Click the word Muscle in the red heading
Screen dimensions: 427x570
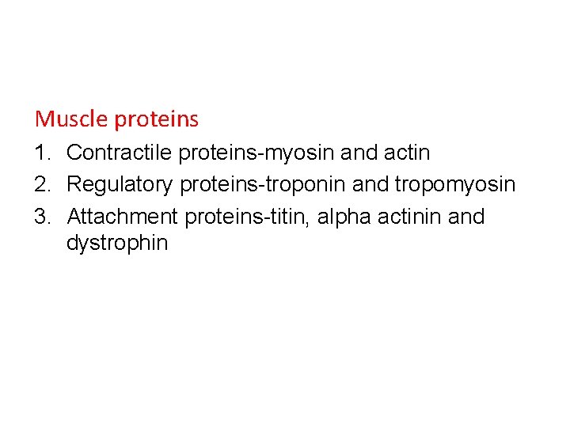(x=71, y=119)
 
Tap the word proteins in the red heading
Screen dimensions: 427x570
(x=156, y=120)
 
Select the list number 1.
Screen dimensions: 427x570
(x=43, y=152)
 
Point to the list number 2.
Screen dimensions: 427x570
(x=43, y=184)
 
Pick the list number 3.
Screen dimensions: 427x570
(x=43, y=217)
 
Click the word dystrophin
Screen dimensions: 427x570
(x=117, y=243)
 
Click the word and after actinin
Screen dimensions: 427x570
(x=466, y=217)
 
